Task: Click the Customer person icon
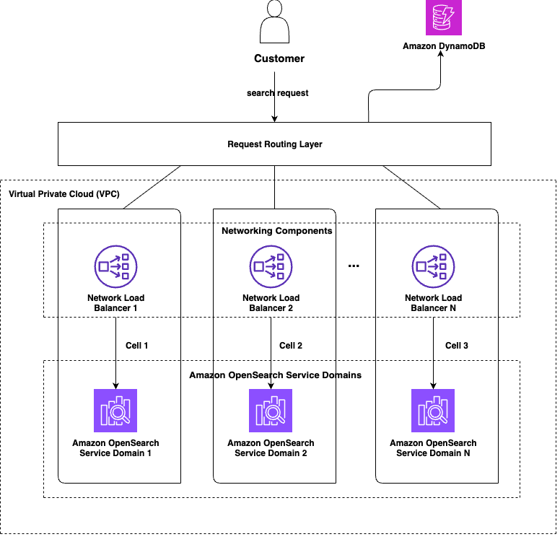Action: (274, 25)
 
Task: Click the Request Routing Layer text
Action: (274, 144)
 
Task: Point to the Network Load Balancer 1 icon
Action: (115, 266)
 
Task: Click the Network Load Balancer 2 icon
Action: (271, 266)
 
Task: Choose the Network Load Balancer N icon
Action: (433, 266)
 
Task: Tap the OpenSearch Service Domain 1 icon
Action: (115, 410)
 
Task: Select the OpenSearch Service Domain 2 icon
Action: (271, 410)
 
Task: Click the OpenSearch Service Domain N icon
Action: (433, 410)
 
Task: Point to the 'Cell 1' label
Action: (136, 346)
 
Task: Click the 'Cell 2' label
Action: (291, 346)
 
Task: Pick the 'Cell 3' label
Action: (456, 346)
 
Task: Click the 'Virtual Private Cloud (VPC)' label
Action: (64, 195)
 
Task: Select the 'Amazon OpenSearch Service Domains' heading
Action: (275, 375)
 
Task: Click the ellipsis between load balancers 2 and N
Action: (354, 266)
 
